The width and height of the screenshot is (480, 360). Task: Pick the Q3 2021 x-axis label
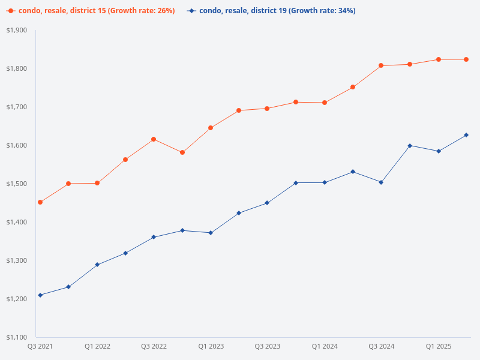pos(40,347)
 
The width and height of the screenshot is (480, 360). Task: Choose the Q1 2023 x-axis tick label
pos(211,347)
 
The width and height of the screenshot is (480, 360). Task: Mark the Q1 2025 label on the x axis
pos(439,347)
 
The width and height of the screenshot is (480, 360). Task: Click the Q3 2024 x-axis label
pos(382,347)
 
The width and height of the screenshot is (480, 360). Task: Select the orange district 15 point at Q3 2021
pos(40,202)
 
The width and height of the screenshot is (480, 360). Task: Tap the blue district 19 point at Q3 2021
pos(40,295)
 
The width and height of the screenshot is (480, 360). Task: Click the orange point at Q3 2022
pos(154,139)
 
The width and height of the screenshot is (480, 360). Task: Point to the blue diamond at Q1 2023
pos(211,233)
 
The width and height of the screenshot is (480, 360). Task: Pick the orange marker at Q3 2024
pos(382,65)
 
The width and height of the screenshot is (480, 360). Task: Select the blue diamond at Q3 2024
pos(382,182)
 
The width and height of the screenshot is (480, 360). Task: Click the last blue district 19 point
pos(467,135)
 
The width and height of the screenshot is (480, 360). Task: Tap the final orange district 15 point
pos(467,59)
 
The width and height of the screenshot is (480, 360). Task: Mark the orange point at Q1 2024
pos(325,103)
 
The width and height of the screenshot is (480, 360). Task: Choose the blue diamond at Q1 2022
pos(97,265)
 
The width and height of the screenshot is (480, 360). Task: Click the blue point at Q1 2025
pos(439,151)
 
